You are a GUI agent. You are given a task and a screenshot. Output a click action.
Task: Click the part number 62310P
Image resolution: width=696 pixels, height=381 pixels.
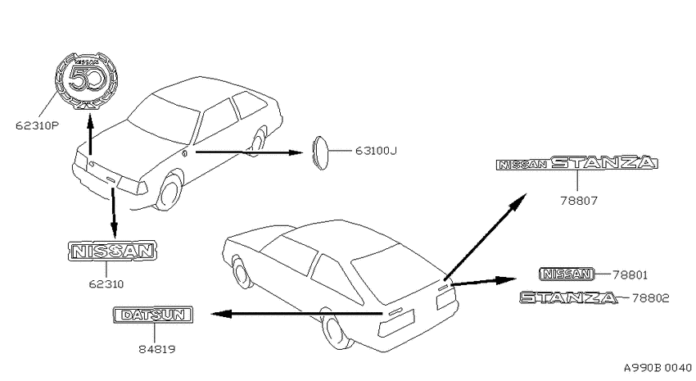(x=38, y=125)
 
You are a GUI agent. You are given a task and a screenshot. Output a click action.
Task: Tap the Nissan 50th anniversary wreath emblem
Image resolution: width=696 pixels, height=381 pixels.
(x=87, y=80)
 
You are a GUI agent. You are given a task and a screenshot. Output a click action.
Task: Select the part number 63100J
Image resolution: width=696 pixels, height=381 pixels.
(x=376, y=151)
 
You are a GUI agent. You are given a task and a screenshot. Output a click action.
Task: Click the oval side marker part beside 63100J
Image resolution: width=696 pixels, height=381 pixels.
(x=319, y=152)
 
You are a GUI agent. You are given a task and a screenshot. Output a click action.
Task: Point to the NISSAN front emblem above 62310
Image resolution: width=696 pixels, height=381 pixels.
(x=113, y=252)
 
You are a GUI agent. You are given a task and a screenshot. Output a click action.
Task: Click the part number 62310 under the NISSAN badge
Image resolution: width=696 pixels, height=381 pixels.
(x=106, y=284)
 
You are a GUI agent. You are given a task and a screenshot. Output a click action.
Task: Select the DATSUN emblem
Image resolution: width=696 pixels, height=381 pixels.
(x=153, y=315)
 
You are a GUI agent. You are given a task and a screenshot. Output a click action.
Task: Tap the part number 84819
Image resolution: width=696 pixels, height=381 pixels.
(x=156, y=350)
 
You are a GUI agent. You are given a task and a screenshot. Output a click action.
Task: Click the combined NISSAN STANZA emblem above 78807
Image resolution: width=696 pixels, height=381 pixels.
(x=576, y=163)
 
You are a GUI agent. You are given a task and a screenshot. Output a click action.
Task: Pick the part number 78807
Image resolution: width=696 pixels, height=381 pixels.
(x=579, y=202)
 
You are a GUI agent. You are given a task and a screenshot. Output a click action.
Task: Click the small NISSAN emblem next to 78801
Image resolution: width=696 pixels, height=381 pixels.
(x=567, y=274)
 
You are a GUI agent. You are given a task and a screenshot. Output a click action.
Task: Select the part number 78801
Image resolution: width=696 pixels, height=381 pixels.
(x=630, y=275)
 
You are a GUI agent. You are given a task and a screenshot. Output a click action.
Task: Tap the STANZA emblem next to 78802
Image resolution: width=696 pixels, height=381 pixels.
(x=568, y=297)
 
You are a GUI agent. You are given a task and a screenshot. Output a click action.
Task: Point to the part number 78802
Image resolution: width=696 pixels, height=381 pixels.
(x=650, y=298)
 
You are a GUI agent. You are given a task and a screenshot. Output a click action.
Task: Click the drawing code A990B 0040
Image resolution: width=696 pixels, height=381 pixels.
(x=658, y=368)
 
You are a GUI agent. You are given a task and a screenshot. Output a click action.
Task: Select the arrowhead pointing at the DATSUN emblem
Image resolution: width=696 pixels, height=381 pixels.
(x=221, y=315)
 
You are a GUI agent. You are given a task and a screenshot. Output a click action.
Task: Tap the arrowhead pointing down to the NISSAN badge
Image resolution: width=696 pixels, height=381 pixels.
(x=114, y=230)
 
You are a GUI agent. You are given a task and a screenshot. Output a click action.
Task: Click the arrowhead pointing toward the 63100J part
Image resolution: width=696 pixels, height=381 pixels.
(x=295, y=152)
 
